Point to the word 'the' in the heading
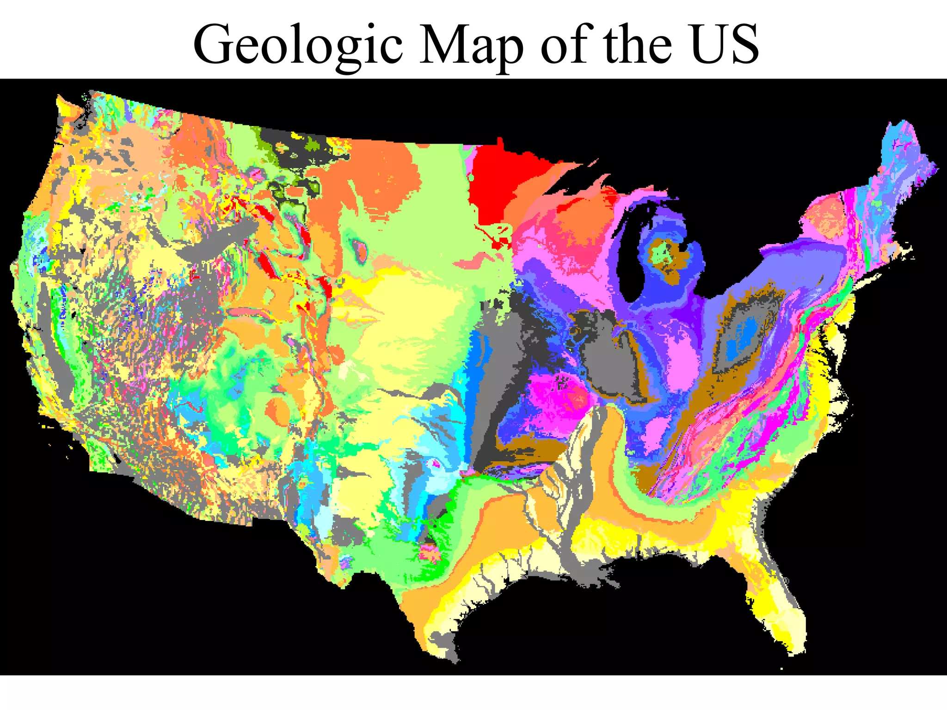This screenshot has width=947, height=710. tap(637, 45)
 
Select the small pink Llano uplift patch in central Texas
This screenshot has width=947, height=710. tap(430, 552)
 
